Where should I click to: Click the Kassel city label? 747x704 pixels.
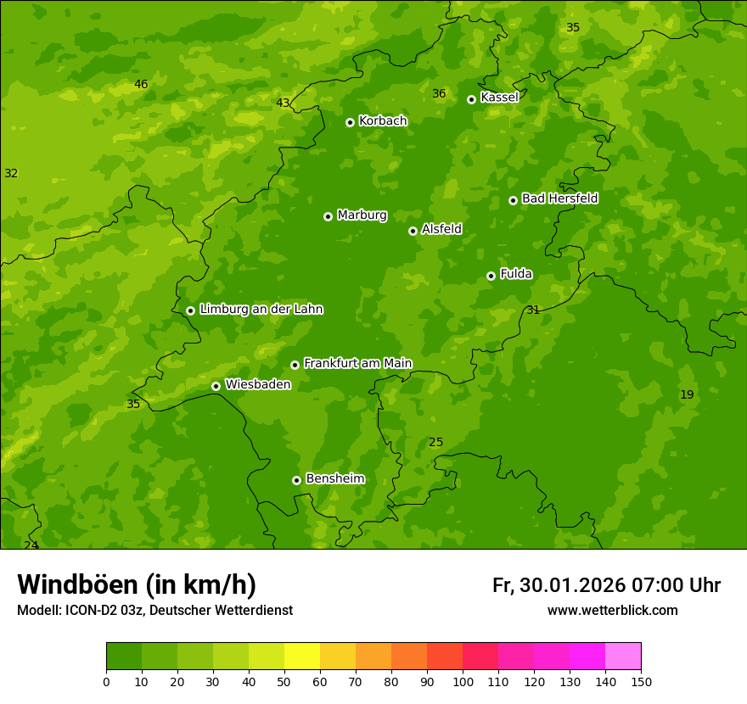coord(499,98)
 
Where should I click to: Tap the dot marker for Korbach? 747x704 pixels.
coord(350,122)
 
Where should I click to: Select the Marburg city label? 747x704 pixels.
coord(362,215)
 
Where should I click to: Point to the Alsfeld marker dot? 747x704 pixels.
coord(413,231)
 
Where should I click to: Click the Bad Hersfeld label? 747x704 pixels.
coord(559,198)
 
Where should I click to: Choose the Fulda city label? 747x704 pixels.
coord(516,274)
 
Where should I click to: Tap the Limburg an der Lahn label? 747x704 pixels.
coord(261,310)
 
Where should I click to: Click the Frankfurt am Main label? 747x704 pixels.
coord(357,364)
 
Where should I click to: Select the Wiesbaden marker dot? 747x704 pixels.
coord(216,386)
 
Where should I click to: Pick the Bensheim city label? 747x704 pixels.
coord(334,479)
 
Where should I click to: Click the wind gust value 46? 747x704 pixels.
coord(141,85)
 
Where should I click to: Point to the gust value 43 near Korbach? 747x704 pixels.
coord(283,103)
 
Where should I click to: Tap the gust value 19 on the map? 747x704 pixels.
coord(687,394)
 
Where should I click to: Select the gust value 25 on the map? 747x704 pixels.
coord(435,443)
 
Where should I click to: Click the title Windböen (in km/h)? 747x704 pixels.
coord(137,584)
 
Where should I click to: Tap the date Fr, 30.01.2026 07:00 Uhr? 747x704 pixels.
coord(606,585)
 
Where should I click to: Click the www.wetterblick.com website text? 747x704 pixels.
coord(612,611)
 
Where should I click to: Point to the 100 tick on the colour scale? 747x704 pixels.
coord(463,681)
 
